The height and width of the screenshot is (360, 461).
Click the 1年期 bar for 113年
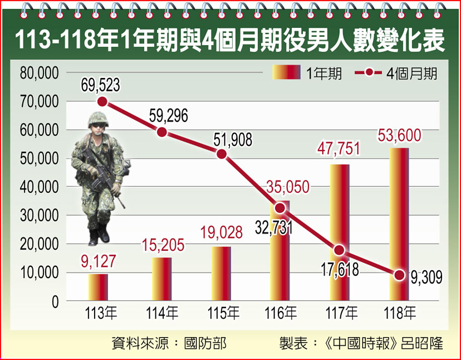click(x=98, y=287)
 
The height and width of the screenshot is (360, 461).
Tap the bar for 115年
click(x=221, y=273)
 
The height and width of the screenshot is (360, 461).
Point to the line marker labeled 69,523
click(x=103, y=102)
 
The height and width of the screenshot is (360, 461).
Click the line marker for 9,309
click(x=399, y=275)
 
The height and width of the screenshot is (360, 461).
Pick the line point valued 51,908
click(x=221, y=154)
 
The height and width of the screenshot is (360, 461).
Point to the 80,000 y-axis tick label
click(x=39, y=73)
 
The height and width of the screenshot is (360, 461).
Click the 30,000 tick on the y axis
click(x=39, y=215)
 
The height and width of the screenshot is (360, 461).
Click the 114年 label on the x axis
click(x=162, y=313)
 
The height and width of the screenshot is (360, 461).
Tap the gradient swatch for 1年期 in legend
click(x=286, y=72)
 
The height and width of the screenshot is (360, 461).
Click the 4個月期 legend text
click(x=411, y=73)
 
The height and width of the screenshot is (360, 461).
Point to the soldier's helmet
click(x=98, y=119)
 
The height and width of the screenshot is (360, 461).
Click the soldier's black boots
click(x=99, y=236)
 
